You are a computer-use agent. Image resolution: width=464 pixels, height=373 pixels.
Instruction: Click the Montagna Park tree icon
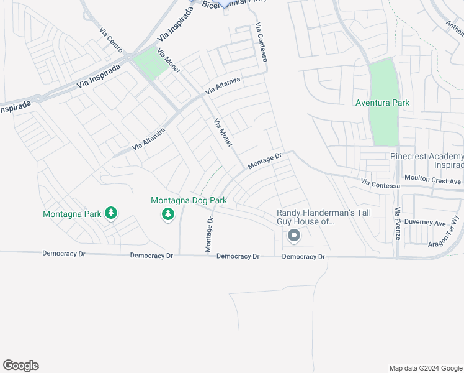pos(111,214)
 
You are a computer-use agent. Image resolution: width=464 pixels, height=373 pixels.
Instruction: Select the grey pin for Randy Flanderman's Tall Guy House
pos(294,236)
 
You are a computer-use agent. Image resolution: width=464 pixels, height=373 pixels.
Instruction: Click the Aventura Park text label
pos(382,103)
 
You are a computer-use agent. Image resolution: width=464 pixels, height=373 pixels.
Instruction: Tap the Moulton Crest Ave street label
pos(433,181)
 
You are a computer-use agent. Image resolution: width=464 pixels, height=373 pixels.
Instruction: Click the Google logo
pos(20,366)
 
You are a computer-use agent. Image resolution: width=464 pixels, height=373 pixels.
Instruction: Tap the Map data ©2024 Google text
pos(425,368)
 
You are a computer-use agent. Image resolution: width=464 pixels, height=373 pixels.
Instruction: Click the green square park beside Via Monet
pos(150,64)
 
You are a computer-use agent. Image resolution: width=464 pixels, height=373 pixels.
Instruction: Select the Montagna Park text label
pos(72,214)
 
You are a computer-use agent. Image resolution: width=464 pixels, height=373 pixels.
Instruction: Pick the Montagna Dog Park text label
pos(189,200)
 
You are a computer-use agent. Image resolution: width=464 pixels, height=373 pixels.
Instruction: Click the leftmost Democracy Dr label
pos(63,254)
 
